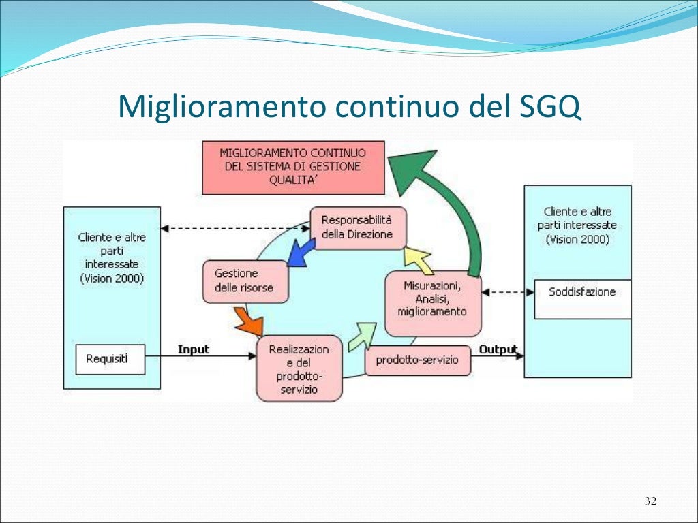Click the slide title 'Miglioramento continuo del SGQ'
tap(349, 108)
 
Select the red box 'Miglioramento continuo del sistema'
tap(293, 168)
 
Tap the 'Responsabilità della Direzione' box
tap(357, 227)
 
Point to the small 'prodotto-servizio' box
tap(418, 360)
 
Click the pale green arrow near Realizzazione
tap(361, 334)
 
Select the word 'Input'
tap(194, 349)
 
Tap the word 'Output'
tap(498, 349)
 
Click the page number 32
tap(650, 502)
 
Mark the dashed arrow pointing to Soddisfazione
tap(508, 292)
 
